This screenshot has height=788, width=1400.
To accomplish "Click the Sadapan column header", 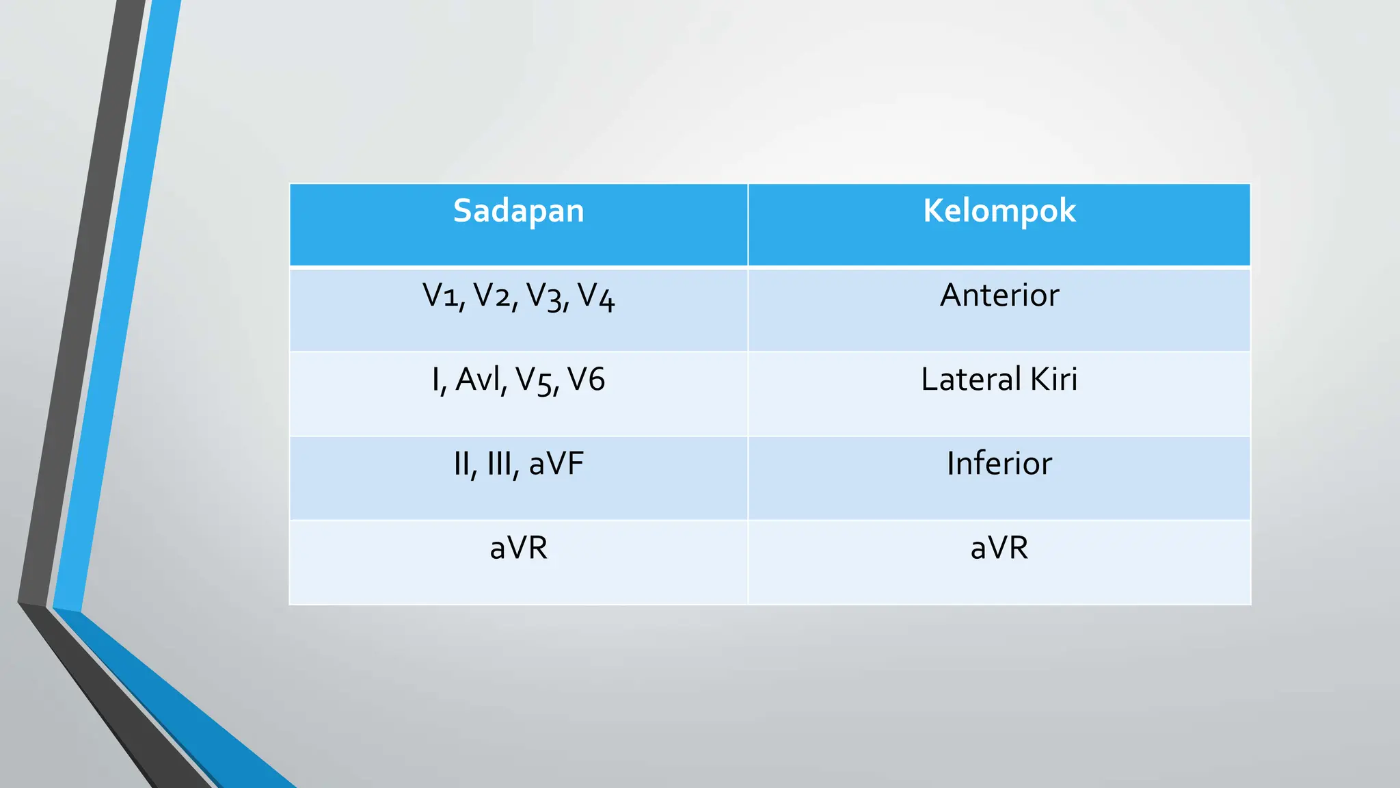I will (518, 211).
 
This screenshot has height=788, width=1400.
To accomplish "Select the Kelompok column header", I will (999, 211).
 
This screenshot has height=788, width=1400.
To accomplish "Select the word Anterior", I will (999, 295).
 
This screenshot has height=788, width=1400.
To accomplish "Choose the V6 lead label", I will (587, 380).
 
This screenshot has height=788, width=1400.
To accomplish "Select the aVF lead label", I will (556, 464).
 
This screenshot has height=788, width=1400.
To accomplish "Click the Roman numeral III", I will (500, 464).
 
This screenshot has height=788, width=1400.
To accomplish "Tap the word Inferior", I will (999, 464).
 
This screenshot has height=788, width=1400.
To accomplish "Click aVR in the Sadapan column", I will (518, 548).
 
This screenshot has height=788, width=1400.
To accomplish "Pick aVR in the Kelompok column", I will (999, 548).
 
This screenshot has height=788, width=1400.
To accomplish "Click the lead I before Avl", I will (436, 380).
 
